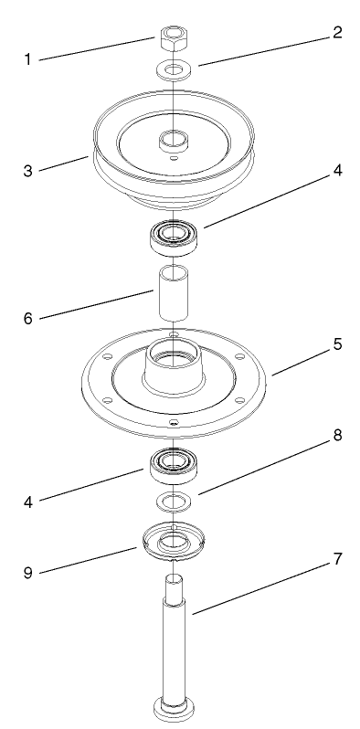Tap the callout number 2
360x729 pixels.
pyautogui.click(x=337, y=33)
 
